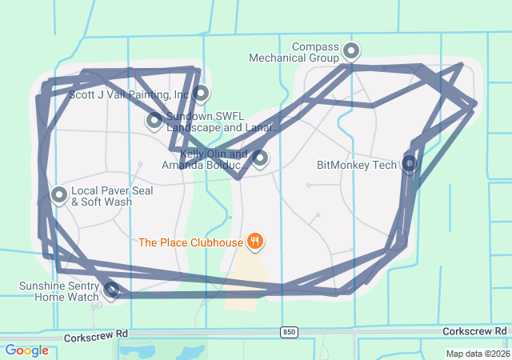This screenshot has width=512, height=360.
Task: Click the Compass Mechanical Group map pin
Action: coord(350,52)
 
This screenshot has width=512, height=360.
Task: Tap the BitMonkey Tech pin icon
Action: coord(409,164)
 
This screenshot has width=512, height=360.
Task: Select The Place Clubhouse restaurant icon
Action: coord(255,241)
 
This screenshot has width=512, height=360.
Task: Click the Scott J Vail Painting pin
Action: coord(201,94)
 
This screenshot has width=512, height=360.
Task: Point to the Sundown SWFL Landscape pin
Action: coord(154,121)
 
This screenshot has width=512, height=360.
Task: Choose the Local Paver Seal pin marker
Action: coord(59,194)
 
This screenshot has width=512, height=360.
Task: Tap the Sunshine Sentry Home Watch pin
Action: coord(112,289)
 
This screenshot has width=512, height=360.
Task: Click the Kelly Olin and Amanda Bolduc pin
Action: coord(259,158)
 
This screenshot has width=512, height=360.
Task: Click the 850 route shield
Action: coord(289,331)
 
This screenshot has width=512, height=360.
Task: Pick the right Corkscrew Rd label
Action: coord(475,330)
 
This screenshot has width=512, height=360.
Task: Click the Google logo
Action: coord(26,350)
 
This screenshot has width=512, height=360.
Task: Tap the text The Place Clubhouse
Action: coord(190,242)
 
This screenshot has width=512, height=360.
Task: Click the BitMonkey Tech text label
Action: coord(357,166)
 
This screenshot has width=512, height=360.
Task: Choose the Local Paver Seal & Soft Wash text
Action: coord(102,197)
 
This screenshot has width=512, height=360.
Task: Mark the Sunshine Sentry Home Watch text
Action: coord(60,291)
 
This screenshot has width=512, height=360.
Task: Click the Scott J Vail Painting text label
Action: coord(129,94)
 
